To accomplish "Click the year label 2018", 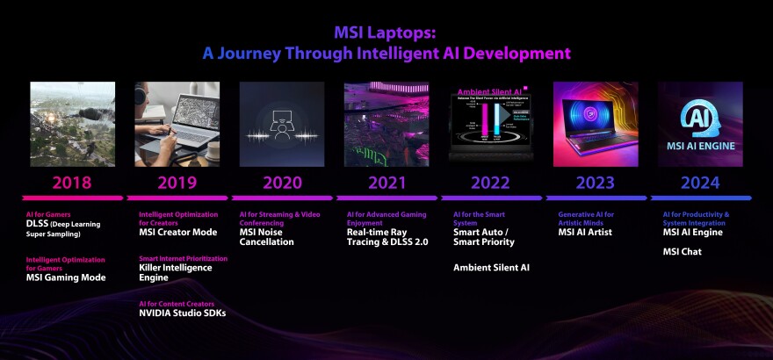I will (72, 183).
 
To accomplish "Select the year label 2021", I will (386, 183).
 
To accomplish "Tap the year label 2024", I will (700, 183).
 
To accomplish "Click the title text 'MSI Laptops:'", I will (386, 32).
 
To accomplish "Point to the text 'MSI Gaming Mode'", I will (66, 277).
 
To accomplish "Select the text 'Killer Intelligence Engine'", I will (177, 273).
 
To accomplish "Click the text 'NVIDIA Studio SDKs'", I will (183, 313).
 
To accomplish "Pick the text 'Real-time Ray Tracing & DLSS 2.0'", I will (387, 237).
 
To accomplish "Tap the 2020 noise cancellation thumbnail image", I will (282, 124).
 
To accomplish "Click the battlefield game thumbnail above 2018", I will (72, 124).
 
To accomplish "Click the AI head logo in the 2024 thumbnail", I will (700, 114).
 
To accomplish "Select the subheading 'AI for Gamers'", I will (47, 214).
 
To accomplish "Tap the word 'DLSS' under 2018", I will (39, 223).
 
